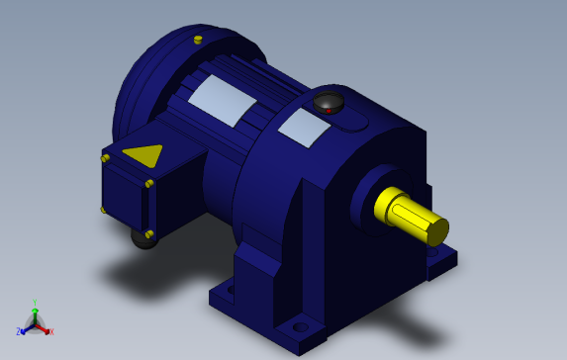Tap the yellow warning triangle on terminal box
click(142, 155)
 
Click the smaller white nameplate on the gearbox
click(304, 128)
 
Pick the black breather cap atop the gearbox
click(329, 101)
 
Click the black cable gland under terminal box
click(143, 239)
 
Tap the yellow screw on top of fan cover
click(198, 40)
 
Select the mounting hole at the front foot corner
click(300, 326)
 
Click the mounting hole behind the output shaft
click(433, 251)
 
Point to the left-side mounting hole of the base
click(230, 290)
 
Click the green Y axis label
click(35, 304)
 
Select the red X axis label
click(51, 332)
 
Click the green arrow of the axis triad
click(35, 314)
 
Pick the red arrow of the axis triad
click(44, 328)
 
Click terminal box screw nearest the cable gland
click(149, 233)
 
